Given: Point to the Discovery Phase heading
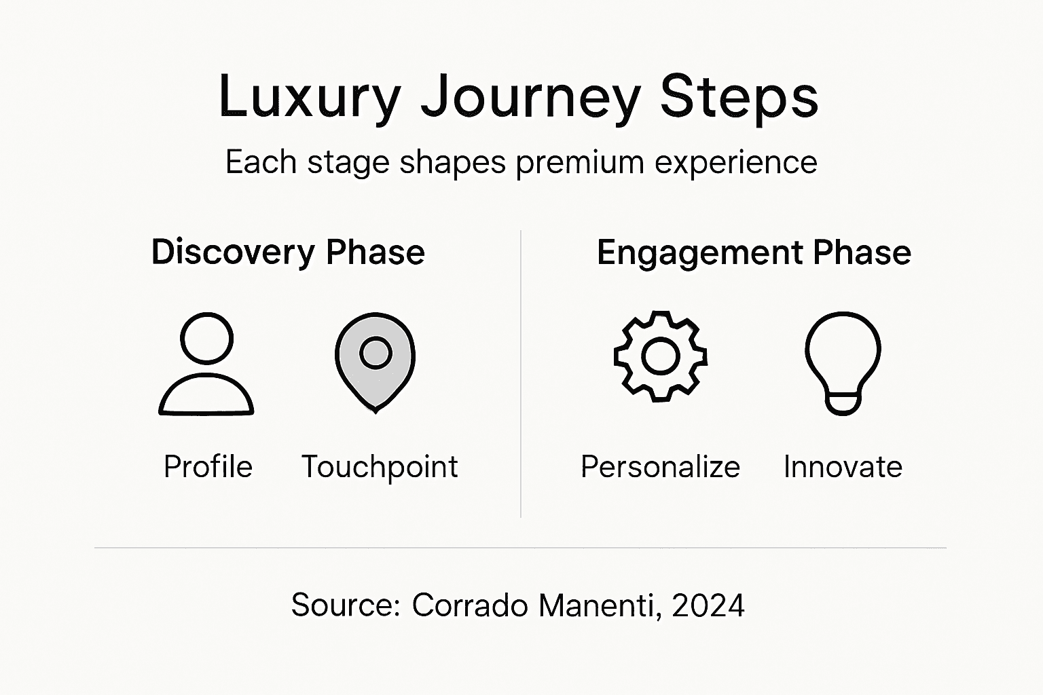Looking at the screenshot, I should [x=288, y=252].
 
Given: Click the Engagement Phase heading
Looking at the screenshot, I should [x=754, y=252].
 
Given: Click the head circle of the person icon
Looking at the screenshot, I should [x=207, y=338].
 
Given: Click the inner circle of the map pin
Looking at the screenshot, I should [x=376, y=353].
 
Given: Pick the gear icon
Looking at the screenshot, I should [x=660, y=356].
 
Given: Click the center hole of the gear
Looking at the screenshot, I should [x=660, y=356].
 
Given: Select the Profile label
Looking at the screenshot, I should [x=208, y=467].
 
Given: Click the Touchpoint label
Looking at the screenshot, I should [x=380, y=467].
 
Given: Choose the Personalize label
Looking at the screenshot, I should [x=660, y=467].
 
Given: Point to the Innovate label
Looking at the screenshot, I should [x=843, y=467].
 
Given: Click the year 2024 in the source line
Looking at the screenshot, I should [x=708, y=605].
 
